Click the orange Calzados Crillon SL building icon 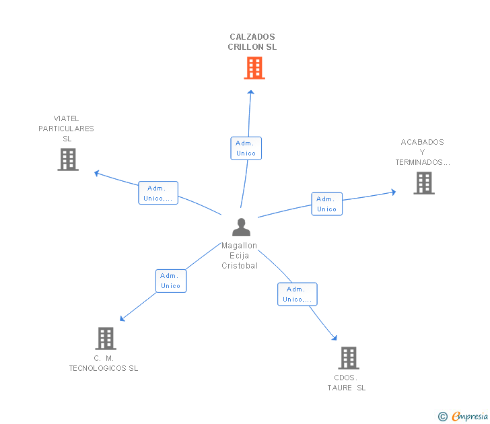click(x=254, y=68)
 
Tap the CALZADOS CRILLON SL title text click(x=252, y=42)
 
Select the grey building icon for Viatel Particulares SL click(x=68, y=160)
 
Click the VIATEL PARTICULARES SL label click(x=66, y=129)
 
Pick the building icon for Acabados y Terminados click(x=423, y=183)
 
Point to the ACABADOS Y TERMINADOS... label click(x=422, y=152)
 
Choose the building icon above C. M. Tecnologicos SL click(x=106, y=339)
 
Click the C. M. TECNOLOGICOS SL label click(x=104, y=363)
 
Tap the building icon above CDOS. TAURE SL click(x=348, y=358)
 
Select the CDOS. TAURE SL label click(x=347, y=382)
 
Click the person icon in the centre click(x=240, y=227)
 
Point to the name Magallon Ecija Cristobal click(x=240, y=256)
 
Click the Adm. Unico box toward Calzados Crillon click(x=246, y=148)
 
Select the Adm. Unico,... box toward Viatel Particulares click(x=158, y=193)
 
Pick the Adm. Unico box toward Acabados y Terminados click(x=326, y=204)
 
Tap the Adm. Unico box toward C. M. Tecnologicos click(x=171, y=281)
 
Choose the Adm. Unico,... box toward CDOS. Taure click(x=297, y=294)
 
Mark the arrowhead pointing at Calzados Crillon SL click(x=251, y=92)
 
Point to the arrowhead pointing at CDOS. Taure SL click(x=334, y=339)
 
